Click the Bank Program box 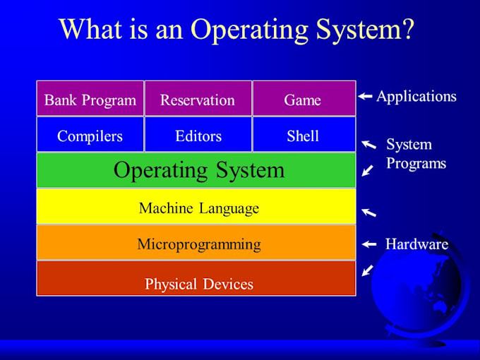[x=90, y=99]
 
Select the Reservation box [x=198, y=99]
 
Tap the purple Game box [x=304, y=99]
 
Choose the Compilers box [x=90, y=135]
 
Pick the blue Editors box [x=198, y=135]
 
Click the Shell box [x=304, y=135]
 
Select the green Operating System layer [x=196, y=170]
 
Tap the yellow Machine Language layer [x=196, y=207]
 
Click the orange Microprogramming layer [x=196, y=244]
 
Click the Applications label [x=416, y=97]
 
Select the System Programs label [x=416, y=154]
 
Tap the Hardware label [x=416, y=244]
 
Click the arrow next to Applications [x=365, y=97]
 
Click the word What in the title [x=90, y=30]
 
